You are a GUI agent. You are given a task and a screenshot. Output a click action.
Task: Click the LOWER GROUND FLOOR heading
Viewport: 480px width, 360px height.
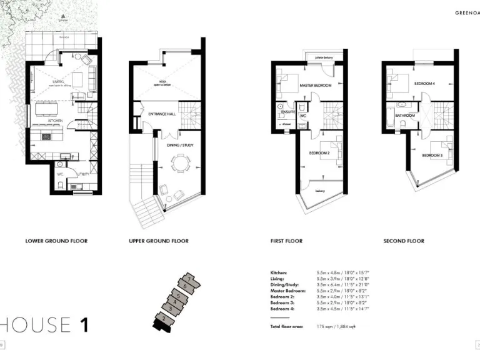click(x=56, y=241)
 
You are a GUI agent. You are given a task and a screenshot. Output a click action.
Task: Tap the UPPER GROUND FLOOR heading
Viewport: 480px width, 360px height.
click(x=159, y=241)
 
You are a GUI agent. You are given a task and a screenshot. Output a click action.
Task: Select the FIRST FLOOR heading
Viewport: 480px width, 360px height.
click(x=286, y=241)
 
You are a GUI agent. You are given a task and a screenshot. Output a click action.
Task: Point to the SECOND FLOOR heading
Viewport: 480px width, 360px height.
click(x=403, y=241)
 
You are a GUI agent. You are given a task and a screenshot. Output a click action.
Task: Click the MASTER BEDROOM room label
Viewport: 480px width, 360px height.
click(x=315, y=85)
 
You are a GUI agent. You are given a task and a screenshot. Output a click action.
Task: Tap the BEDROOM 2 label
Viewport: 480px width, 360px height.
click(x=319, y=153)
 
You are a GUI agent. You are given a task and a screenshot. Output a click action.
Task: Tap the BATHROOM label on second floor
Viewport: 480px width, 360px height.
click(x=405, y=116)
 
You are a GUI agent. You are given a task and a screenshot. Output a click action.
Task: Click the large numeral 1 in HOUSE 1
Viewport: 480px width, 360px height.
click(x=84, y=324)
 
